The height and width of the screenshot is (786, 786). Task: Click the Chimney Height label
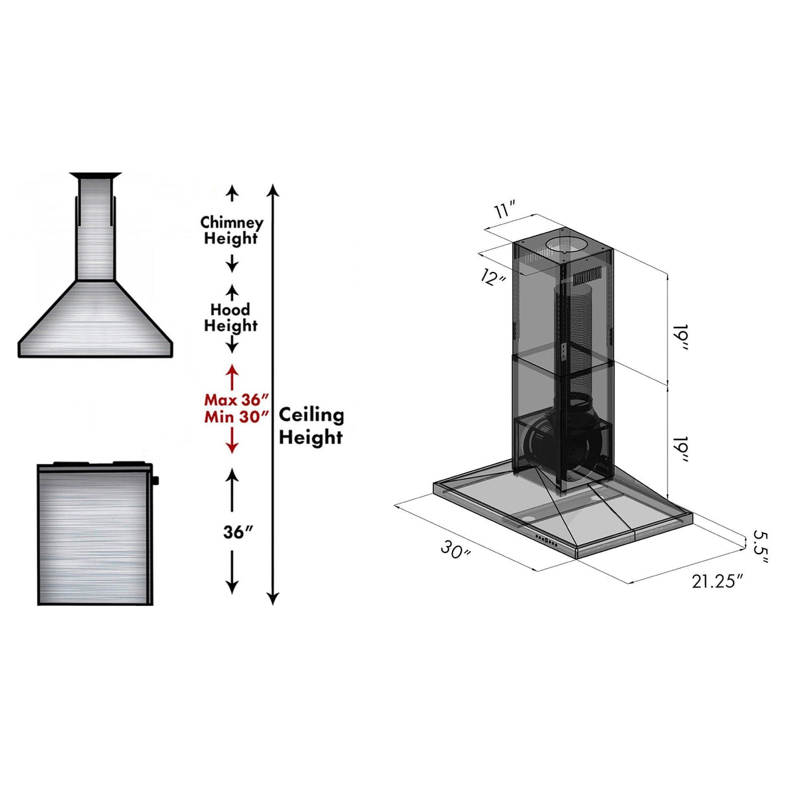coord(231,230)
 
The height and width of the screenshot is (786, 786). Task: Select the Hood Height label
coord(230,317)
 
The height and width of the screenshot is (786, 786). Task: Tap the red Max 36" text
coord(236,399)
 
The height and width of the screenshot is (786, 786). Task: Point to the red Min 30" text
coord(236,416)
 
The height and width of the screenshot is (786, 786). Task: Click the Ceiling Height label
coord(311,426)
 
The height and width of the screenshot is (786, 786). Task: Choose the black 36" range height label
coord(238,532)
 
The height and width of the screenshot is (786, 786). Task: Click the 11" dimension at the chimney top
coord(504,210)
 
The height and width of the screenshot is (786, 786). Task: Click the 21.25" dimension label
coord(717,581)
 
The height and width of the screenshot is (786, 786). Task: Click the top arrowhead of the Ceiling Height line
coord(273,189)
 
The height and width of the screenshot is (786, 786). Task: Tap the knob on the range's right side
coord(155,480)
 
